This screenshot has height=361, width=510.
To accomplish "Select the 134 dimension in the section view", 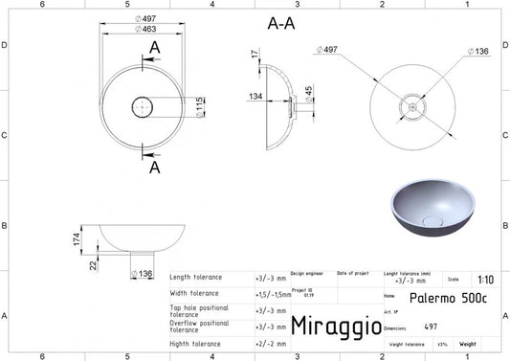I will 255,96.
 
